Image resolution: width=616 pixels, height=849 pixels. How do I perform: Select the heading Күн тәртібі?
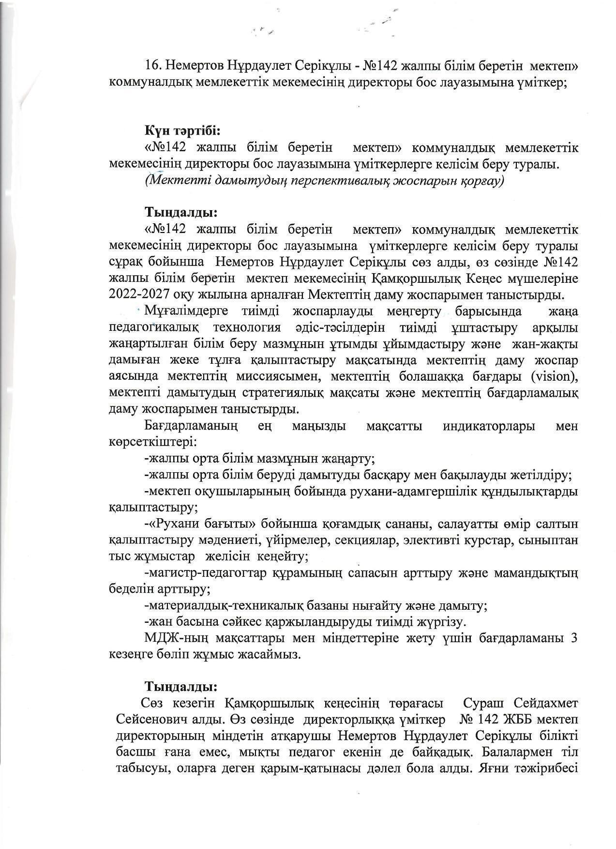pyautogui.click(x=182, y=131)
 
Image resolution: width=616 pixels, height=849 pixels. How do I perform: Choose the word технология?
pyautogui.click(x=247, y=328)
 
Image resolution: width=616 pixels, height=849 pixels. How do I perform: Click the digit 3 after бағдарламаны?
pyautogui.click(x=574, y=638)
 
